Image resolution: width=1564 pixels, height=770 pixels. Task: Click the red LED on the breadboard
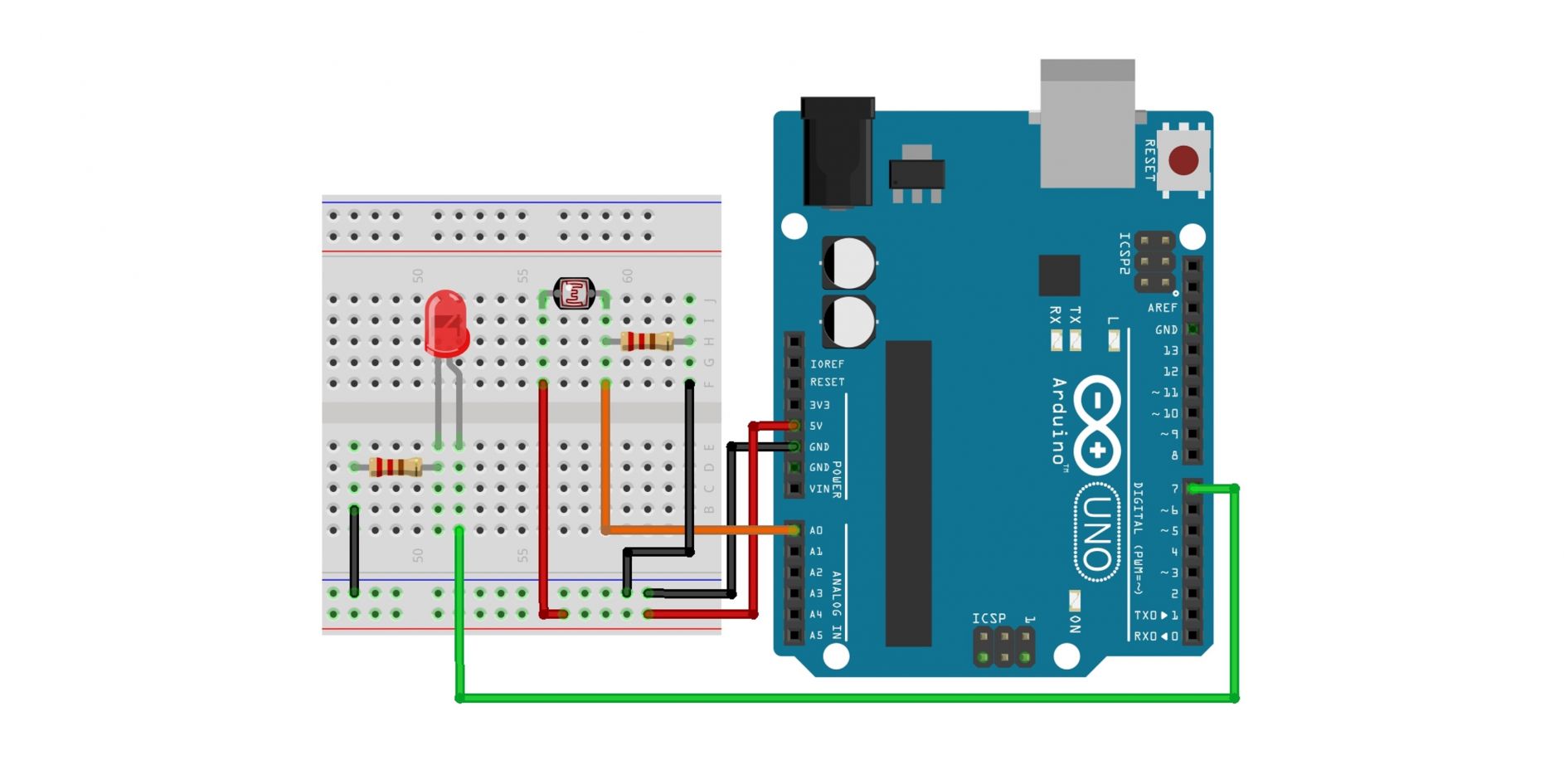tap(446, 324)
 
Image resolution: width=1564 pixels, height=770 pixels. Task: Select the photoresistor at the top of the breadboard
tap(574, 293)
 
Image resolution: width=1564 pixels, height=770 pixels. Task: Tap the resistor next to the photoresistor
tap(647, 341)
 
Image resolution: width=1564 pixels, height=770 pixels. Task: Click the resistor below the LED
tap(395, 467)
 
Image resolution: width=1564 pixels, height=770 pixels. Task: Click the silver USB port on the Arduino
tap(1087, 124)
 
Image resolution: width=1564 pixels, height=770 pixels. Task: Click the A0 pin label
tap(816, 530)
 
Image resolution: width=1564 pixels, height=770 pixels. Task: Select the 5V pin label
tap(816, 426)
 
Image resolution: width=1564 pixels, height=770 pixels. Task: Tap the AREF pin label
tap(1162, 308)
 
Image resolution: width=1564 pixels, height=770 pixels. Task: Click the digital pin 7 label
tap(1174, 489)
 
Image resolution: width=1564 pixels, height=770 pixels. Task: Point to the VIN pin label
tap(818, 489)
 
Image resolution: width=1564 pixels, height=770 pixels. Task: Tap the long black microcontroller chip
tap(908, 493)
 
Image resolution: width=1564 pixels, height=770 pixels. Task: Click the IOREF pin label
tap(827, 363)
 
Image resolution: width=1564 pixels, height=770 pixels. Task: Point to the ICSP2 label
tap(1124, 253)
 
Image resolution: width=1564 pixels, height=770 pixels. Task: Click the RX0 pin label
tap(1155, 636)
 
